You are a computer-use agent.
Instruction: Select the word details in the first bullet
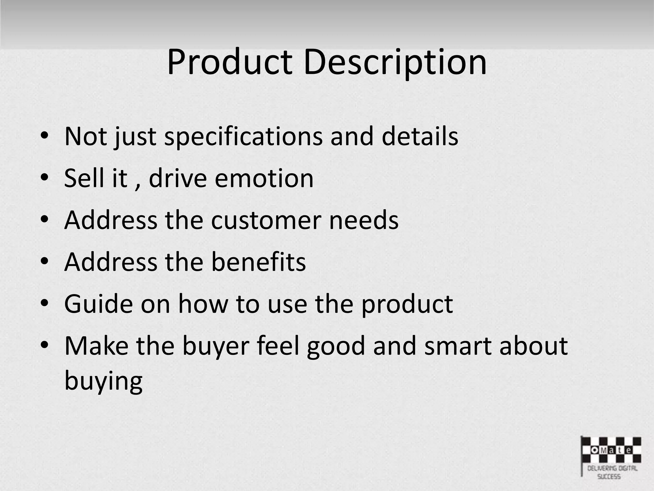(420, 136)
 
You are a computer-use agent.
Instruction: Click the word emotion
(264, 178)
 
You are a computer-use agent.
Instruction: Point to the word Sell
(84, 178)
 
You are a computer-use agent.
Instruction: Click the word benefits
(258, 262)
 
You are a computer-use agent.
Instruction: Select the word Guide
(98, 304)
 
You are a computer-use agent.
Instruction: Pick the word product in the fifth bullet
(407, 304)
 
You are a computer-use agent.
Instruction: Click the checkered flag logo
(611, 450)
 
